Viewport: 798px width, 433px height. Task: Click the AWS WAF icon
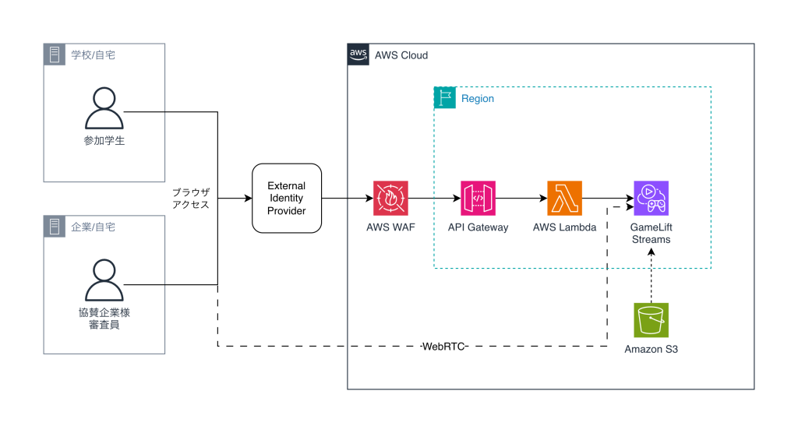pos(391,199)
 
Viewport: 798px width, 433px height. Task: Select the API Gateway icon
pos(478,199)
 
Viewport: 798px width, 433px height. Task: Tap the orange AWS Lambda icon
pos(565,199)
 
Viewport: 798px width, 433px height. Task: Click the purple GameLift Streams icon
pos(651,199)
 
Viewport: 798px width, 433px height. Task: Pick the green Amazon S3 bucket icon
pos(651,320)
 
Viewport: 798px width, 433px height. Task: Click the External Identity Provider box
pos(287,198)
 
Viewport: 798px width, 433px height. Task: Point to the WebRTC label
pos(443,347)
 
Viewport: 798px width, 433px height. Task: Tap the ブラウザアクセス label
pos(191,199)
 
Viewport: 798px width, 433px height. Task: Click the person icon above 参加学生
pos(104,108)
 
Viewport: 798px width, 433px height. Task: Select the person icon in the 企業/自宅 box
pos(104,280)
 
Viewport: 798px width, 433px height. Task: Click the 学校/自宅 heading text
pos(94,55)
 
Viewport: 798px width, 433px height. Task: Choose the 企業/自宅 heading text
pos(94,227)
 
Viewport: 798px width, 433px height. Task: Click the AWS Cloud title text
pos(401,55)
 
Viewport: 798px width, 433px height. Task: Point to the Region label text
pos(478,99)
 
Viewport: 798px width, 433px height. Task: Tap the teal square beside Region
pos(445,98)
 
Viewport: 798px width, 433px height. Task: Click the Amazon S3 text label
pos(651,349)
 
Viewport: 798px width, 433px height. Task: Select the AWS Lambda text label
pos(565,227)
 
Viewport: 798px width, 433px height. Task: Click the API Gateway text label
pos(478,227)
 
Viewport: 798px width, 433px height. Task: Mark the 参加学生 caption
pos(104,141)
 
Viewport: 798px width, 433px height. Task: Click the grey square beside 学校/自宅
pos(55,55)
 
